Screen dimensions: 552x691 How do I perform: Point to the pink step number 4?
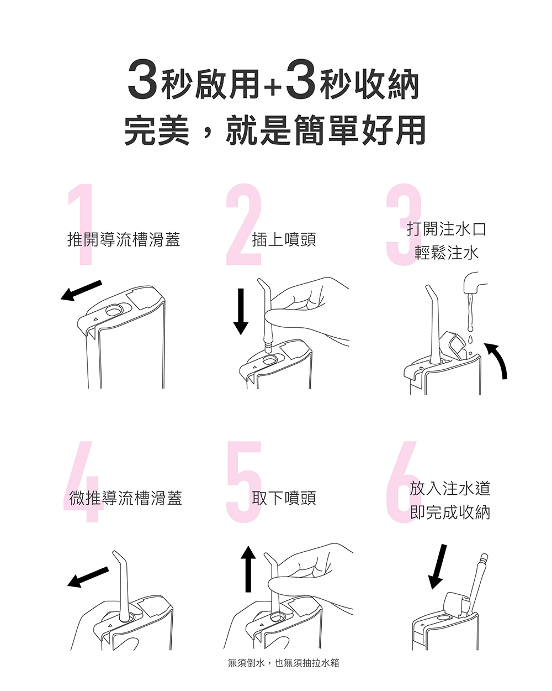[x=84, y=481]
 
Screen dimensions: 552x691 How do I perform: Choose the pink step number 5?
[x=245, y=481]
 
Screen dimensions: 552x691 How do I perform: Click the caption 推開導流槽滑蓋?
[x=124, y=239]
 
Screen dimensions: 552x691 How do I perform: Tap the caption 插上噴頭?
[x=284, y=239]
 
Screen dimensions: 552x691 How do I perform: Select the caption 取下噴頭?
[x=284, y=498]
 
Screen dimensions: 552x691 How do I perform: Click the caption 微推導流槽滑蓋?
[x=125, y=498]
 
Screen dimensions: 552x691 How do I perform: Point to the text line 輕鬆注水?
[x=447, y=253]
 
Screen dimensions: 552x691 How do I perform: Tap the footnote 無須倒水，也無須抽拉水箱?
[x=283, y=663]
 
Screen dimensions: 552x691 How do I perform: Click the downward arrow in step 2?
[x=241, y=311]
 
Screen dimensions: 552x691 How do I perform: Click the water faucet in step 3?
[x=474, y=283]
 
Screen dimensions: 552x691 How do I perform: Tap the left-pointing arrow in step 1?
[x=81, y=291]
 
